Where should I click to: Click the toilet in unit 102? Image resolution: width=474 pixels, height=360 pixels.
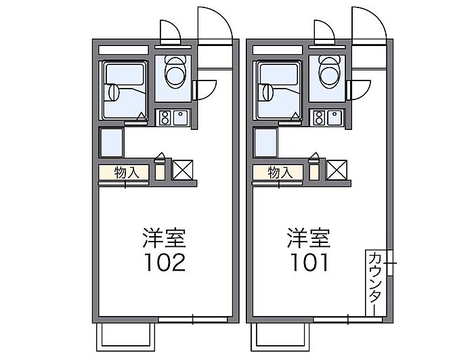tap(175, 72)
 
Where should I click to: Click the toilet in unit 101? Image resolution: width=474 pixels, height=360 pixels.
tap(329, 72)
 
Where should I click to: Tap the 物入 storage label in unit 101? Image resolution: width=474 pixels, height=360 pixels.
tap(280, 173)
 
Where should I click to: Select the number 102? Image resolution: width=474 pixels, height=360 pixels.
tap(165, 262)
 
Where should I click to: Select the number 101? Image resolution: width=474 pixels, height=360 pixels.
tap(309, 262)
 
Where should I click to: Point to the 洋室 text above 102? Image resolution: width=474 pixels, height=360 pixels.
tap(165, 238)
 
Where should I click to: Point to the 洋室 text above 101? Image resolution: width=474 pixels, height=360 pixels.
tap(309, 238)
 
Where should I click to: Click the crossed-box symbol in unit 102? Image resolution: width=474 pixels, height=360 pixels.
tap(183, 170)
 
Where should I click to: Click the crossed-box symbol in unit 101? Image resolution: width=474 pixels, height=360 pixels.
tap(337, 170)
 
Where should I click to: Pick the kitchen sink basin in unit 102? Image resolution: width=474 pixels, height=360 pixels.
tap(181, 118)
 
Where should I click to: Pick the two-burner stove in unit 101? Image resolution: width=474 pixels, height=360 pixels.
tap(319, 118)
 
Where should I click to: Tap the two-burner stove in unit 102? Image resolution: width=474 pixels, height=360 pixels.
tap(165, 118)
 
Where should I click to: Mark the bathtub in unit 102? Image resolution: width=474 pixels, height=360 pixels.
tap(124, 91)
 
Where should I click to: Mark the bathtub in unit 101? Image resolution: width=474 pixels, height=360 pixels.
tap(278, 91)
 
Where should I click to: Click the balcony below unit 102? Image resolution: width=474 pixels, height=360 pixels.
tap(125, 337)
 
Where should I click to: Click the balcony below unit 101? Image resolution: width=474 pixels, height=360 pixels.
tap(280, 337)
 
